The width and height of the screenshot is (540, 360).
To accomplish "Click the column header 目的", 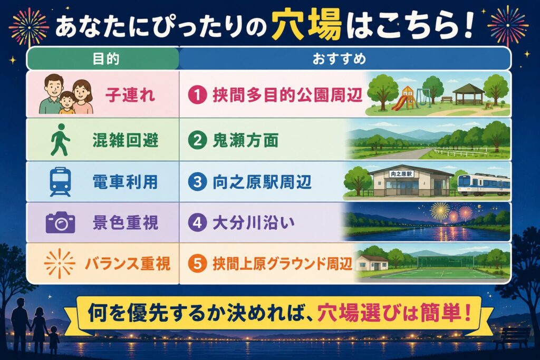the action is coord(106,59).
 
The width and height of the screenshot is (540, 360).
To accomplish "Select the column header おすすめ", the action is coord(339,59).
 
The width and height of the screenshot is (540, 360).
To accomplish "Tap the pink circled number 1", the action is coord(197,95).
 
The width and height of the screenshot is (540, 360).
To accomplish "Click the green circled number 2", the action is coord(197,140).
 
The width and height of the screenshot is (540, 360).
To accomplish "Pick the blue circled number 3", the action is coord(197,182).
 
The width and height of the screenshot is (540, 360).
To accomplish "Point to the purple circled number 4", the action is coord(197,222).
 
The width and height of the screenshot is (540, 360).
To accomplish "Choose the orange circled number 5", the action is coord(197,264).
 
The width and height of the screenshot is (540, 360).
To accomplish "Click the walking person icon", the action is coord(60,140).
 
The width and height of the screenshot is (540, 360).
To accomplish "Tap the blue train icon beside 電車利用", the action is coord(60,182).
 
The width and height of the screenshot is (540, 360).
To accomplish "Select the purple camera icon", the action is coord(60,222).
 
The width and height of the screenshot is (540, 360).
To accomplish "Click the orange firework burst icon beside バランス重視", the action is coord(60,264).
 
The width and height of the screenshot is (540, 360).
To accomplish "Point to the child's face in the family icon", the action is coord(67,100).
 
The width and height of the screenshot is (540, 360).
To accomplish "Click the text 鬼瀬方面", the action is coord(245,140).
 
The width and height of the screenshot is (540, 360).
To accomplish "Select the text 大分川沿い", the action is coord(254,222).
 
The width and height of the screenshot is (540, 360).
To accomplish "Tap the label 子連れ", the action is coord(130,95).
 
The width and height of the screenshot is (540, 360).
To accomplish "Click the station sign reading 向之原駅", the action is coord(401,174).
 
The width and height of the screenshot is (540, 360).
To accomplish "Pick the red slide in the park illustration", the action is coord(400,102).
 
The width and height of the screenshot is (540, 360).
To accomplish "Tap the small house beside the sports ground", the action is coord(373,263).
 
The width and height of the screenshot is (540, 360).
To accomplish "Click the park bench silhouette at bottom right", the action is coord(513,338).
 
